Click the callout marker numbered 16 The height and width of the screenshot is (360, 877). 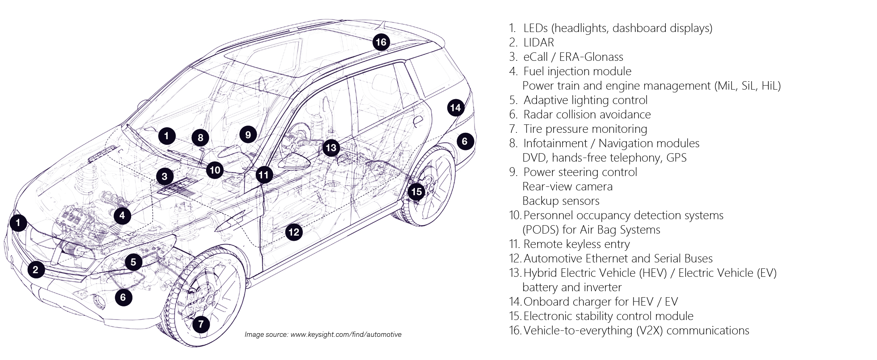click(381, 42)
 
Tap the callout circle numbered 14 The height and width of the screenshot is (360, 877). click(455, 108)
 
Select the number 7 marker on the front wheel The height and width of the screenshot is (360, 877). click(201, 324)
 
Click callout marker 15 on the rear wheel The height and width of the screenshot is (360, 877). click(416, 192)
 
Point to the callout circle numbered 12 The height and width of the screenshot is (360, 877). click(294, 232)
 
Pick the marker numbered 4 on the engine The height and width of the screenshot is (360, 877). click(122, 216)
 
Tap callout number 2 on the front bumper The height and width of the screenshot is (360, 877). click(36, 270)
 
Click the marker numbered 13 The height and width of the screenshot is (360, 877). click(331, 148)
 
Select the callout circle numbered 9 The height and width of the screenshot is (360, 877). click(248, 134)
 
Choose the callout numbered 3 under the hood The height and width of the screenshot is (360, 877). click(164, 176)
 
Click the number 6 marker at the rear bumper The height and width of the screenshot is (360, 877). click(465, 141)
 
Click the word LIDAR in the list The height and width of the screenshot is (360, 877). click(539, 42)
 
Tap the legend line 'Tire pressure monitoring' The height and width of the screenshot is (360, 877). click(585, 129)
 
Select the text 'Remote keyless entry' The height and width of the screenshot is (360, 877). click(576, 244)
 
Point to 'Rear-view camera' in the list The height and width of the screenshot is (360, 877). click(567, 186)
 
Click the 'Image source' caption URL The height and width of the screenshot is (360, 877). click(346, 334)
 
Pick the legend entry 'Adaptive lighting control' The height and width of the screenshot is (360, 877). click(585, 100)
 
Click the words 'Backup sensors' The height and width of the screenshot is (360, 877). click(561, 201)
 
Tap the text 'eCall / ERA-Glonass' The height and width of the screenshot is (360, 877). click(573, 57)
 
